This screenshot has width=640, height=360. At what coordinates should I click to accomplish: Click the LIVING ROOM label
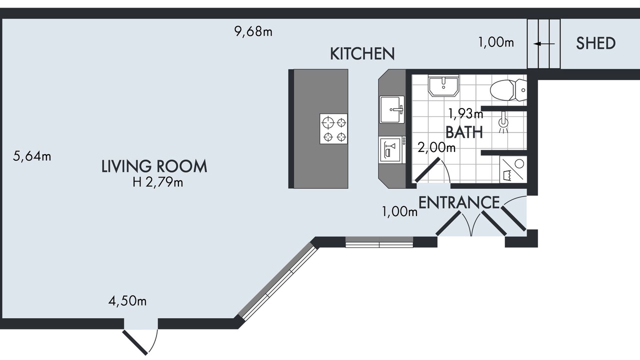(x=154, y=166)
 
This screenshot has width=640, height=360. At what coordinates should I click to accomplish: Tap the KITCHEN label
(x=362, y=53)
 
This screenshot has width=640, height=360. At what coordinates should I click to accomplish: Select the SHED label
(x=595, y=43)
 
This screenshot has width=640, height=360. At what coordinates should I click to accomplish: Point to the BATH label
(x=464, y=132)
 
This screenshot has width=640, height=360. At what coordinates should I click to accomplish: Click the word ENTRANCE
(x=459, y=202)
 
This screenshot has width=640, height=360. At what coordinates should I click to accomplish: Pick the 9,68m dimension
(x=253, y=31)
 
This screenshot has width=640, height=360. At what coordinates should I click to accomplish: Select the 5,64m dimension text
(x=32, y=156)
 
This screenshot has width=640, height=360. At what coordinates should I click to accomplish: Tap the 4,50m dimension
(x=127, y=301)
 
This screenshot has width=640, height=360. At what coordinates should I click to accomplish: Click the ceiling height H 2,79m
(x=157, y=182)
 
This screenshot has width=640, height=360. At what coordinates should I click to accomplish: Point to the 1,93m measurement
(x=465, y=113)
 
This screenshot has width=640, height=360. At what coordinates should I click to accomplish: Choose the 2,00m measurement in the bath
(x=436, y=147)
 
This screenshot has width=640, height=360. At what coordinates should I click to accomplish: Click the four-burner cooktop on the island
(x=333, y=129)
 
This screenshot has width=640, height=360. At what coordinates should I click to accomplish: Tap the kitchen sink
(x=392, y=109)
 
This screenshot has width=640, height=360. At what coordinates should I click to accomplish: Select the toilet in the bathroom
(x=508, y=90)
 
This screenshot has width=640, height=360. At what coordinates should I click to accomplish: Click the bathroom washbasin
(x=443, y=85)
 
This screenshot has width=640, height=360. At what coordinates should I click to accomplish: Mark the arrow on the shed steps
(x=544, y=44)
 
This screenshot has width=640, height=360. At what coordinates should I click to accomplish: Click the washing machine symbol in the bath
(x=513, y=169)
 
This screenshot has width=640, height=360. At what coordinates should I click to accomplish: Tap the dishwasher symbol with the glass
(x=391, y=150)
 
